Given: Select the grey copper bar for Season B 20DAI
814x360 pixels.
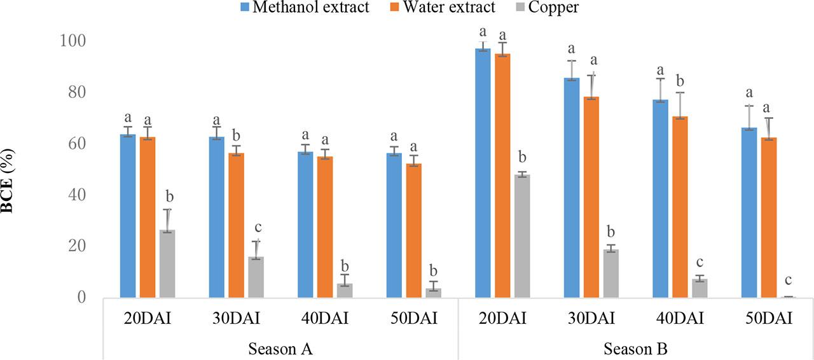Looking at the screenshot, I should (522, 236).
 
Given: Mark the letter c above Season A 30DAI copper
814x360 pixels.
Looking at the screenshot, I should (258, 227).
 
